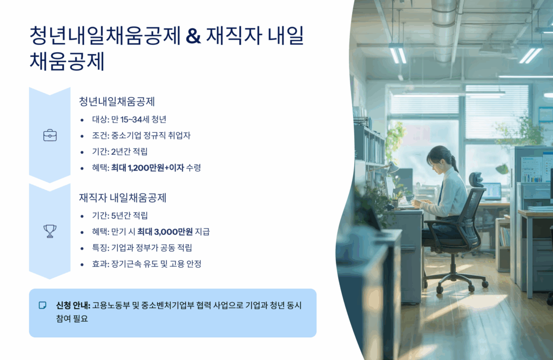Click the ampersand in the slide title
pos(193,36)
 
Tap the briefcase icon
pos(50,135)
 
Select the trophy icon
pos(50,232)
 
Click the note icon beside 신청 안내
pos(42,305)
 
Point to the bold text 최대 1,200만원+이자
pos(147,168)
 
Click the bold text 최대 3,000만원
pos(165,232)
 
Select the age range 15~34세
pos(134,119)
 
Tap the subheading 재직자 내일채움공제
pos(123,198)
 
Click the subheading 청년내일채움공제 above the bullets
pos(117,101)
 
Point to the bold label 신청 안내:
pos(73,305)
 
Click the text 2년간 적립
pos(129,152)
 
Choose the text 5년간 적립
pos(129,215)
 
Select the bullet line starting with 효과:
pos(146,264)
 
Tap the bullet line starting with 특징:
pos(142,248)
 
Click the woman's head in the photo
pos(439,159)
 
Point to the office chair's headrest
pos(476,179)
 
